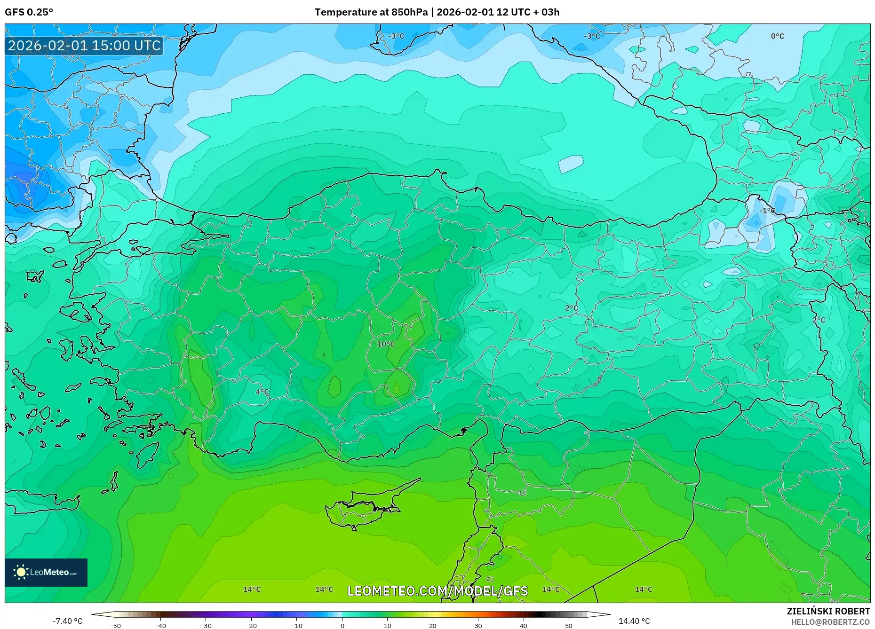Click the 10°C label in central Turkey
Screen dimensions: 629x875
(386, 344)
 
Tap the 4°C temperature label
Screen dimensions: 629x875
(262, 392)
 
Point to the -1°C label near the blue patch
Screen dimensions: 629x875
(767, 211)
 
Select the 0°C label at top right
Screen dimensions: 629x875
(777, 36)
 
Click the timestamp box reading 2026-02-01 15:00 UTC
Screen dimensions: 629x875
(84, 46)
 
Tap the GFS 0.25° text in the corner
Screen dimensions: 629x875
(29, 12)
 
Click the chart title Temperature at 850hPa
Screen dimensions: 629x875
(372, 12)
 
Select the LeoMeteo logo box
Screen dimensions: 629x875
(46, 572)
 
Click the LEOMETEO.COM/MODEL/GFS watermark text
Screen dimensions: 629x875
(437, 591)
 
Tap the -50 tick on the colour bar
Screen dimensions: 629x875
(115, 625)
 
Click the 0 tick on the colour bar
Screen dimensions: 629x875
(342, 625)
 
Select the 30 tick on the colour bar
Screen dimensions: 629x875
(478, 625)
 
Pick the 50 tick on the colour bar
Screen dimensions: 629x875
(568, 625)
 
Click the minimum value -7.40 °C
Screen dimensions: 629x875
(67, 621)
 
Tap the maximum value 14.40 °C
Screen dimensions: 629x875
(634, 621)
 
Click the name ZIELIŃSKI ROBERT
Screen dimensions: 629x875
(828, 611)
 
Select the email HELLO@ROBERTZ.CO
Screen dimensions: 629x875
(830, 622)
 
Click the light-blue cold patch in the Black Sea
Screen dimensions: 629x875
(571, 164)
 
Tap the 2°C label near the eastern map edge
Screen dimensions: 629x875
(819, 320)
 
